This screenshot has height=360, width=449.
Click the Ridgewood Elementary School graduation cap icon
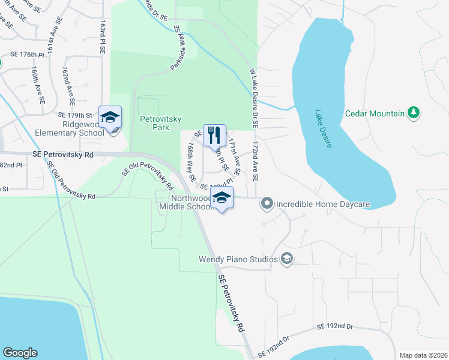pos(110,117)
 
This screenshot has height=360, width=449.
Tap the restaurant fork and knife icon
pos(214,135)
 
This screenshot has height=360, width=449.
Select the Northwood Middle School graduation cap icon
pos(221,198)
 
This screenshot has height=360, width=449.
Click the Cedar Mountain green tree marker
pos(413,113)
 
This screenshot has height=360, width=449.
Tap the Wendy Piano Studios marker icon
pos(287,259)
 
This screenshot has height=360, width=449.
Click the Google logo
pos(20,353)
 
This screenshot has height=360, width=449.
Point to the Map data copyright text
pos(423,355)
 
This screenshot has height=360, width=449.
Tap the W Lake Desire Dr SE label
pos(253,98)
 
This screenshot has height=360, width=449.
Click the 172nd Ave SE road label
pos(255,162)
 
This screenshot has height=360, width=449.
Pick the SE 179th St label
pos(75,115)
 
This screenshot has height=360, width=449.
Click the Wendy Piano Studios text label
pos(238,259)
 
